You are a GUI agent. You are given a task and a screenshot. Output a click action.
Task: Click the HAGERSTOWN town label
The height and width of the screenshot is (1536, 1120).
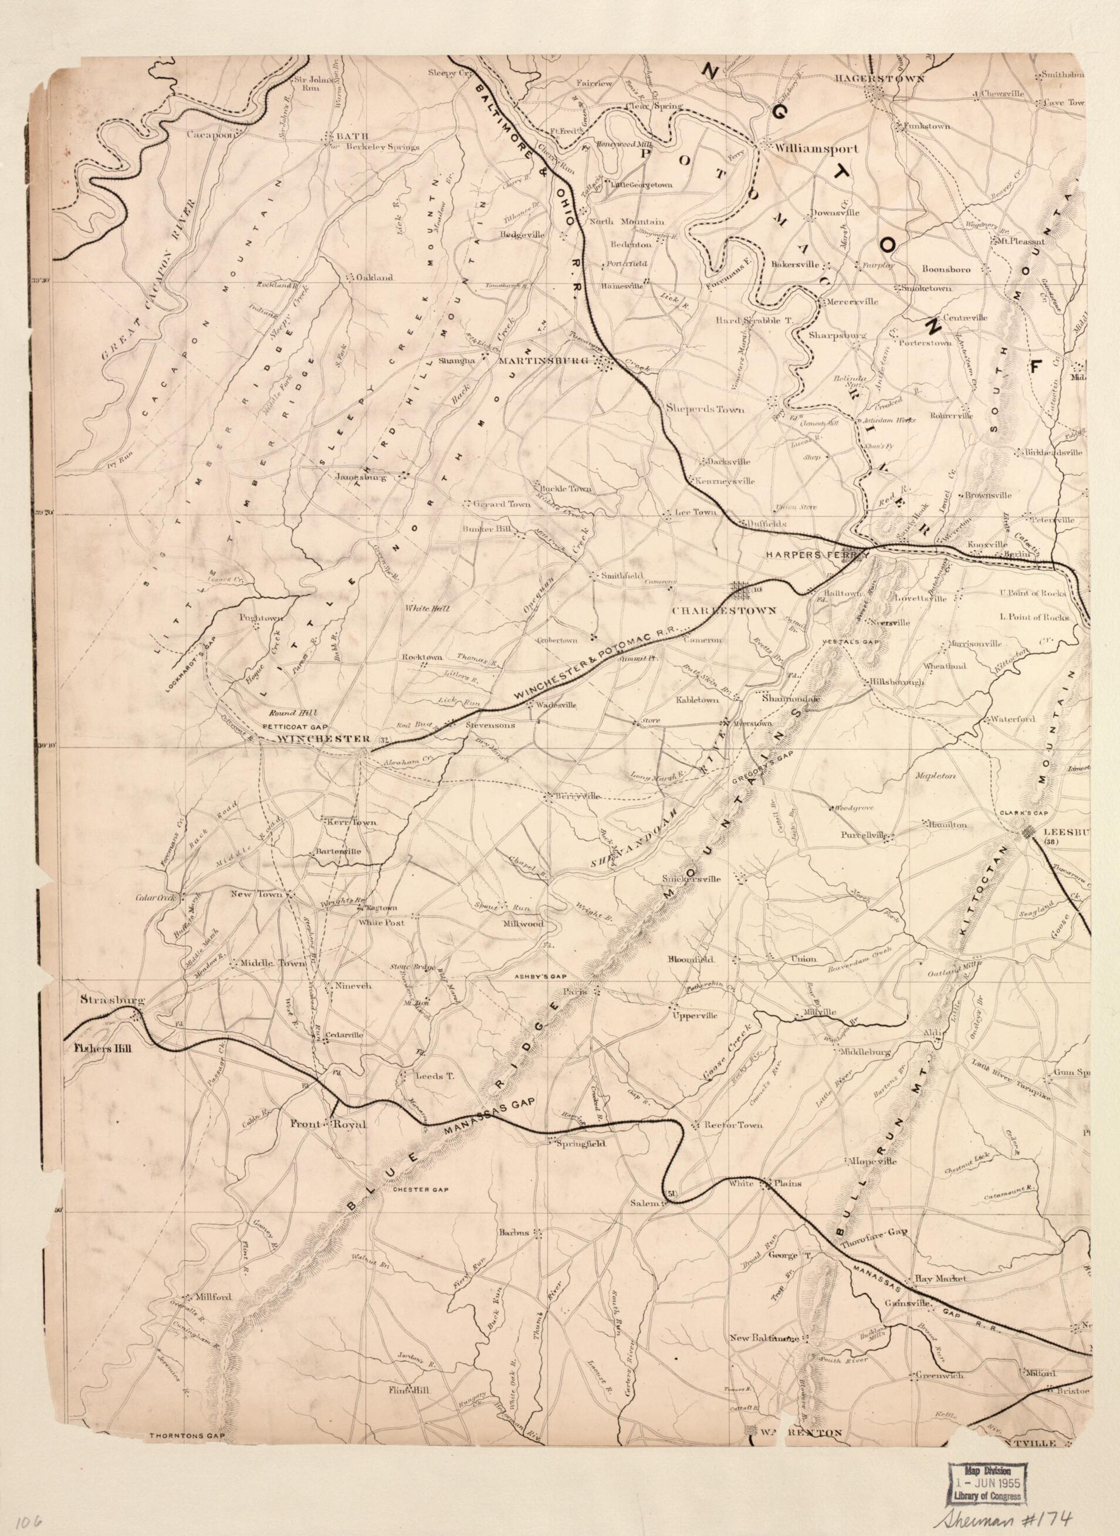[879, 79]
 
